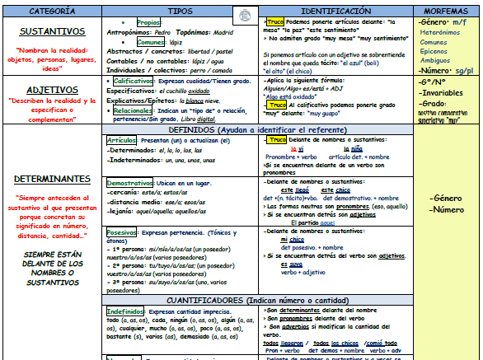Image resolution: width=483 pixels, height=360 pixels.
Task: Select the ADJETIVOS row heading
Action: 51,88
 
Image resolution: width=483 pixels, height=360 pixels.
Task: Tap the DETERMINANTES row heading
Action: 52,179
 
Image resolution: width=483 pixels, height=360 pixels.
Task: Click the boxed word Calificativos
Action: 132,82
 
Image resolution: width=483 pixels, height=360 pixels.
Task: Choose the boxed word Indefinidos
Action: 126,311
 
